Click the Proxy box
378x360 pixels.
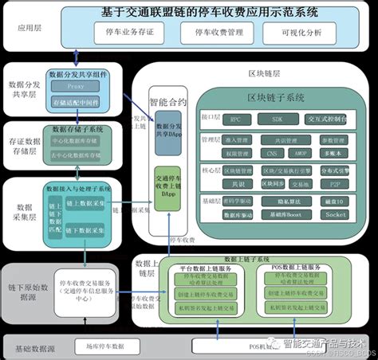click(75, 85)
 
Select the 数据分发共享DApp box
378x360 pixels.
click(167, 131)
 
